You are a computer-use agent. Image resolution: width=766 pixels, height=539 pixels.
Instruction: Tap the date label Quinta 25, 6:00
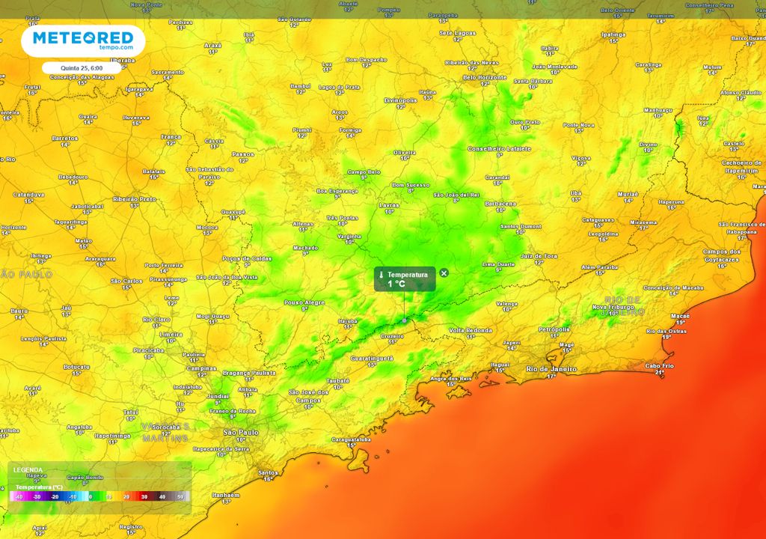click(77, 67)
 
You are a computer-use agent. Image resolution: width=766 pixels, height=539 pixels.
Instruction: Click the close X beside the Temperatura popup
click(444, 273)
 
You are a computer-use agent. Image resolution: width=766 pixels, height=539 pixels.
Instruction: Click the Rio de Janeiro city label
click(552, 369)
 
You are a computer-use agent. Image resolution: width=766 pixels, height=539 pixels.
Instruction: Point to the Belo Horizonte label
click(485, 77)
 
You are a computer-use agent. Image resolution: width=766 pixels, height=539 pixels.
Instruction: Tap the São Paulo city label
click(241, 432)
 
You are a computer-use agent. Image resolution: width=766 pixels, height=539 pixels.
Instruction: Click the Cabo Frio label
click(659, 365)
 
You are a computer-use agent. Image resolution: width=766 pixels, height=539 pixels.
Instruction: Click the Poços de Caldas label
click(247, 258)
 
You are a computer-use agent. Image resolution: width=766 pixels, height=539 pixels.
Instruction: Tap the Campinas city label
click(202, 368)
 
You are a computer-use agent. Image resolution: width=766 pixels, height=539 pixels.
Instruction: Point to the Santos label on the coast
click(267, 472)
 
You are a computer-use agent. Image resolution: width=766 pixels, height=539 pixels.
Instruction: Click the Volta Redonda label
click(471, 330)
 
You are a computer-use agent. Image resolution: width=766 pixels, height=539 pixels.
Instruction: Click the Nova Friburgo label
click(613, 307)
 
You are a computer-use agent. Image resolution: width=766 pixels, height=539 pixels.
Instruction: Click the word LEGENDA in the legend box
click(28, 470)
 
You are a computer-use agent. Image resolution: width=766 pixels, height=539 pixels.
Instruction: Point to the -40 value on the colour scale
click(19, 496)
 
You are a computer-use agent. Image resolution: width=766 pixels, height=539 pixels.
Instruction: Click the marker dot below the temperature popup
click(405, 320)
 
